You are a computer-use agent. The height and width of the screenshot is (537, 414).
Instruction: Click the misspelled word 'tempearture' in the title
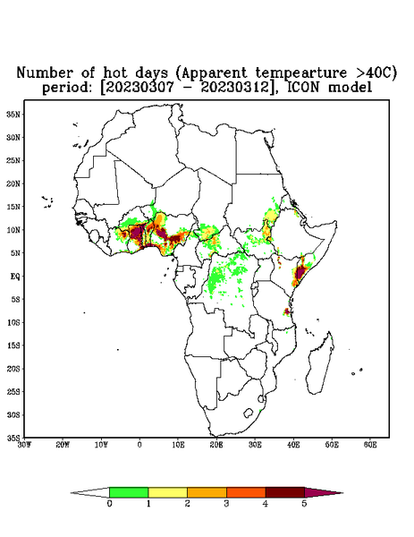click(300, 72)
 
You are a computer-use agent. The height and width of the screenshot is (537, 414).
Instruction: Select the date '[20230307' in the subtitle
click(137, 88)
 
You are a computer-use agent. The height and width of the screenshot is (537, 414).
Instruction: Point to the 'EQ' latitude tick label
click(15, 276)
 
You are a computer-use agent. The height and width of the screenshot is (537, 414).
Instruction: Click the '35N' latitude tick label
click(13, 114)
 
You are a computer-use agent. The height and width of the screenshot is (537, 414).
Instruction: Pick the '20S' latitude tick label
click(13, 369)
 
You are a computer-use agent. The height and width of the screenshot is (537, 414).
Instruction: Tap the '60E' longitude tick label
click(370, 445)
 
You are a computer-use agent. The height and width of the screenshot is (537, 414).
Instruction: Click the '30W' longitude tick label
click(24, 445)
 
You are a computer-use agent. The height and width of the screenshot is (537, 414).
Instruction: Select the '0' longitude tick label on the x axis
click(139, 445)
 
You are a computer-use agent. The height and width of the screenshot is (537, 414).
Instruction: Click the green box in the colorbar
click(129, 492)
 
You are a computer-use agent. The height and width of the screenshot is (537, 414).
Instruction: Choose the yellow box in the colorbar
click(167, 492)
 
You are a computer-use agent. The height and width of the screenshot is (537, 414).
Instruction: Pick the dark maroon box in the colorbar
click(285, 492)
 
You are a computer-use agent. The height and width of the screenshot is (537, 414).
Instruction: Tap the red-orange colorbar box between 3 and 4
click(246, 492)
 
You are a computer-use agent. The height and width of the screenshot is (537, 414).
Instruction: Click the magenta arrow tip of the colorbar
click(342, 493)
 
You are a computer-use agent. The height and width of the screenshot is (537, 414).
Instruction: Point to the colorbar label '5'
click(304, 504)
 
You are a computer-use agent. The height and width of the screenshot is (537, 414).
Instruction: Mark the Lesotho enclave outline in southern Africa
click(248, 413)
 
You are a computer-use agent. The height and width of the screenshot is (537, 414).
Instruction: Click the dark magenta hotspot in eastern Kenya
click(300, 273)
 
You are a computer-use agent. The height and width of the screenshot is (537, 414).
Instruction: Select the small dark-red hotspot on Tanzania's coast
click(287, 311)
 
